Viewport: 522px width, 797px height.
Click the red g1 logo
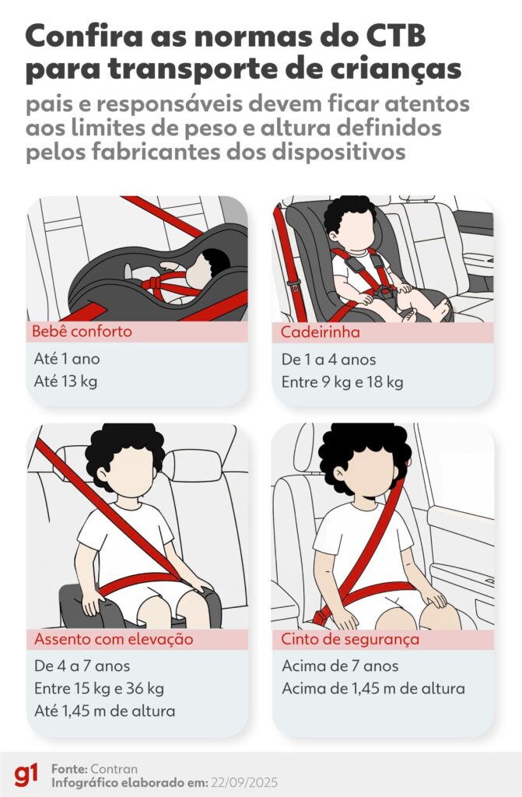pos(26,775)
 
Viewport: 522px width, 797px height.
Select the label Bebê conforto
pos(82,332)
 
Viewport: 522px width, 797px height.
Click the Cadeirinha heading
pos(321,332)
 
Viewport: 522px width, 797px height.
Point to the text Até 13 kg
pos(65,381)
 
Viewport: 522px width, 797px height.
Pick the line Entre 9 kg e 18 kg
pos(342,382)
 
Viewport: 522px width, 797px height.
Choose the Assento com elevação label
pos(114,639)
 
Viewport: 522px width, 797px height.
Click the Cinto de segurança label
pos(350,639)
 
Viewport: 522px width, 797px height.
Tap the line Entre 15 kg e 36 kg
pos(99,689)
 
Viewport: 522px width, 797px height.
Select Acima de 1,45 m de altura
pos(373,689)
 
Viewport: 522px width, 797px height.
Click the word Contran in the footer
pos(114,768)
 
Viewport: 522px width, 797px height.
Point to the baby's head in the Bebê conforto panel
pos(207,268)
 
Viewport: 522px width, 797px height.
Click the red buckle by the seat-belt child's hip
pos(322,616)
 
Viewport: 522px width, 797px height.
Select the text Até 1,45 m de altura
pos(105,711)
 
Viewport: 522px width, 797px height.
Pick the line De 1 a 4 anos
pos(329,360)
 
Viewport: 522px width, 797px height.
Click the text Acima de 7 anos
pos(340,666)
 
